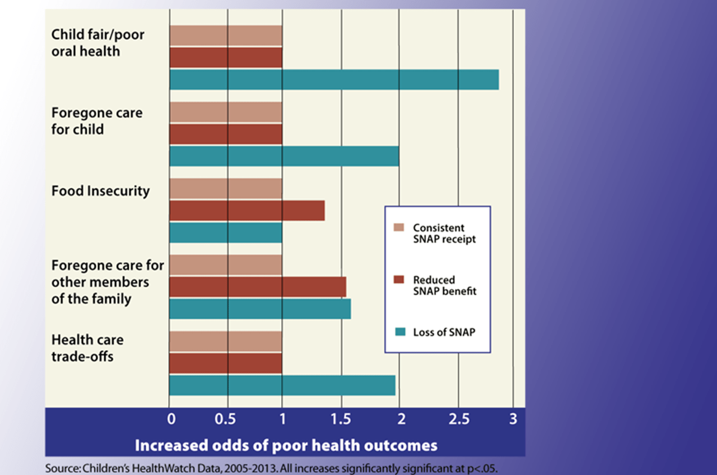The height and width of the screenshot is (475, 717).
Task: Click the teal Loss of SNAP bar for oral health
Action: [x=334, y=80]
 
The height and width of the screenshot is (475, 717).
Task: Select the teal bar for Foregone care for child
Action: [x=284, y=156]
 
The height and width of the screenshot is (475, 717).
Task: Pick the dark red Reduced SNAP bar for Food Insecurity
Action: [x=246, y=211]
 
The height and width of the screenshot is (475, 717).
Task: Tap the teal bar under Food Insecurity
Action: [x=225, y=232]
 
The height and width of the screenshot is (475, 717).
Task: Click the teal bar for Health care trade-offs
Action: [x=282, y=385]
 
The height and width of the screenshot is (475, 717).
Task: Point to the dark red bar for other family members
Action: [x=257, y=287]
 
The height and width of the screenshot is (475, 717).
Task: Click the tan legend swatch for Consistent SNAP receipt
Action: [x=398, y=227]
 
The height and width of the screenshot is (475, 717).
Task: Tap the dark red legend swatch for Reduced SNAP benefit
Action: [x=398, y=279]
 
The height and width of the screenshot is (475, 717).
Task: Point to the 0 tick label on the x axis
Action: [x=171, y=420]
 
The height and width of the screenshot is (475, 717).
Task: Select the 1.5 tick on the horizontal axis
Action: [x=341, y=420]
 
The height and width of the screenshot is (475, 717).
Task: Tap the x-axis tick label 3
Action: [x=513, y=420]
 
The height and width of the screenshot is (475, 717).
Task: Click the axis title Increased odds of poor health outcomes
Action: [x=286, y=446]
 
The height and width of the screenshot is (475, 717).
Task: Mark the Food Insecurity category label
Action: [x=101, y=191]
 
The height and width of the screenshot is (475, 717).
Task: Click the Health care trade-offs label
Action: [x=87, y=347]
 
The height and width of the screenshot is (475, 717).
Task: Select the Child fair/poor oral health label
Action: [x=97, y=43]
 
